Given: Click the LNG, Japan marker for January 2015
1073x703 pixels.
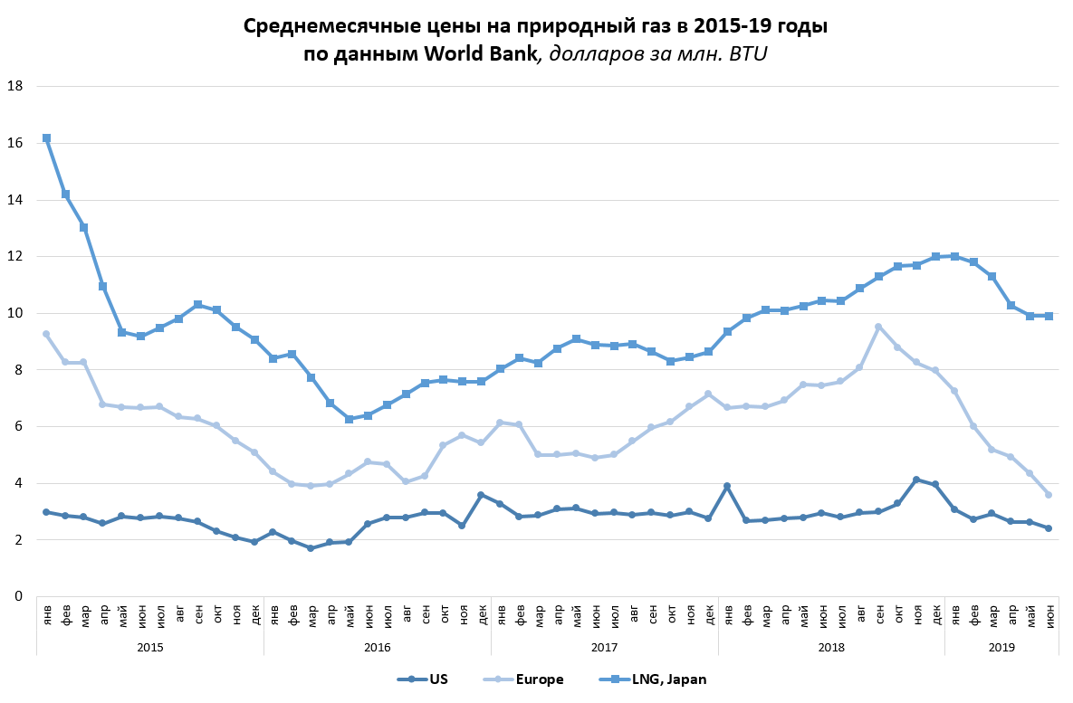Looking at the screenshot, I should (46, 138).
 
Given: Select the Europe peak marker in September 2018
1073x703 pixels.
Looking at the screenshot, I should (878, 327).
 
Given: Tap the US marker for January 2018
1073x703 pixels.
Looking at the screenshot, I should (727, 486).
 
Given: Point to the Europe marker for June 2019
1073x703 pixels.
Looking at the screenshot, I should (1049, 495).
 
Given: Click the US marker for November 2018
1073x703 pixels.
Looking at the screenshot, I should (916, 480).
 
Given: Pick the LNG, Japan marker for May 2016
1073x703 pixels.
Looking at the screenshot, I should (349, 419).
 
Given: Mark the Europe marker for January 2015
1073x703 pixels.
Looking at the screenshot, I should (46, 334).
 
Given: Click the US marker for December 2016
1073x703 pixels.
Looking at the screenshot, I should (481, 495).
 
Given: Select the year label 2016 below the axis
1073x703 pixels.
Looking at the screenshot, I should (377, 647).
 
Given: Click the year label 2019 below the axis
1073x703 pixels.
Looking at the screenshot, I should (1001, 647).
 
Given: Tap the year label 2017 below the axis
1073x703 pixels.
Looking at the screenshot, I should (604, 647).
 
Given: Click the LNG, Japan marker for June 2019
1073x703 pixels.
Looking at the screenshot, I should (1049, 316).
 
